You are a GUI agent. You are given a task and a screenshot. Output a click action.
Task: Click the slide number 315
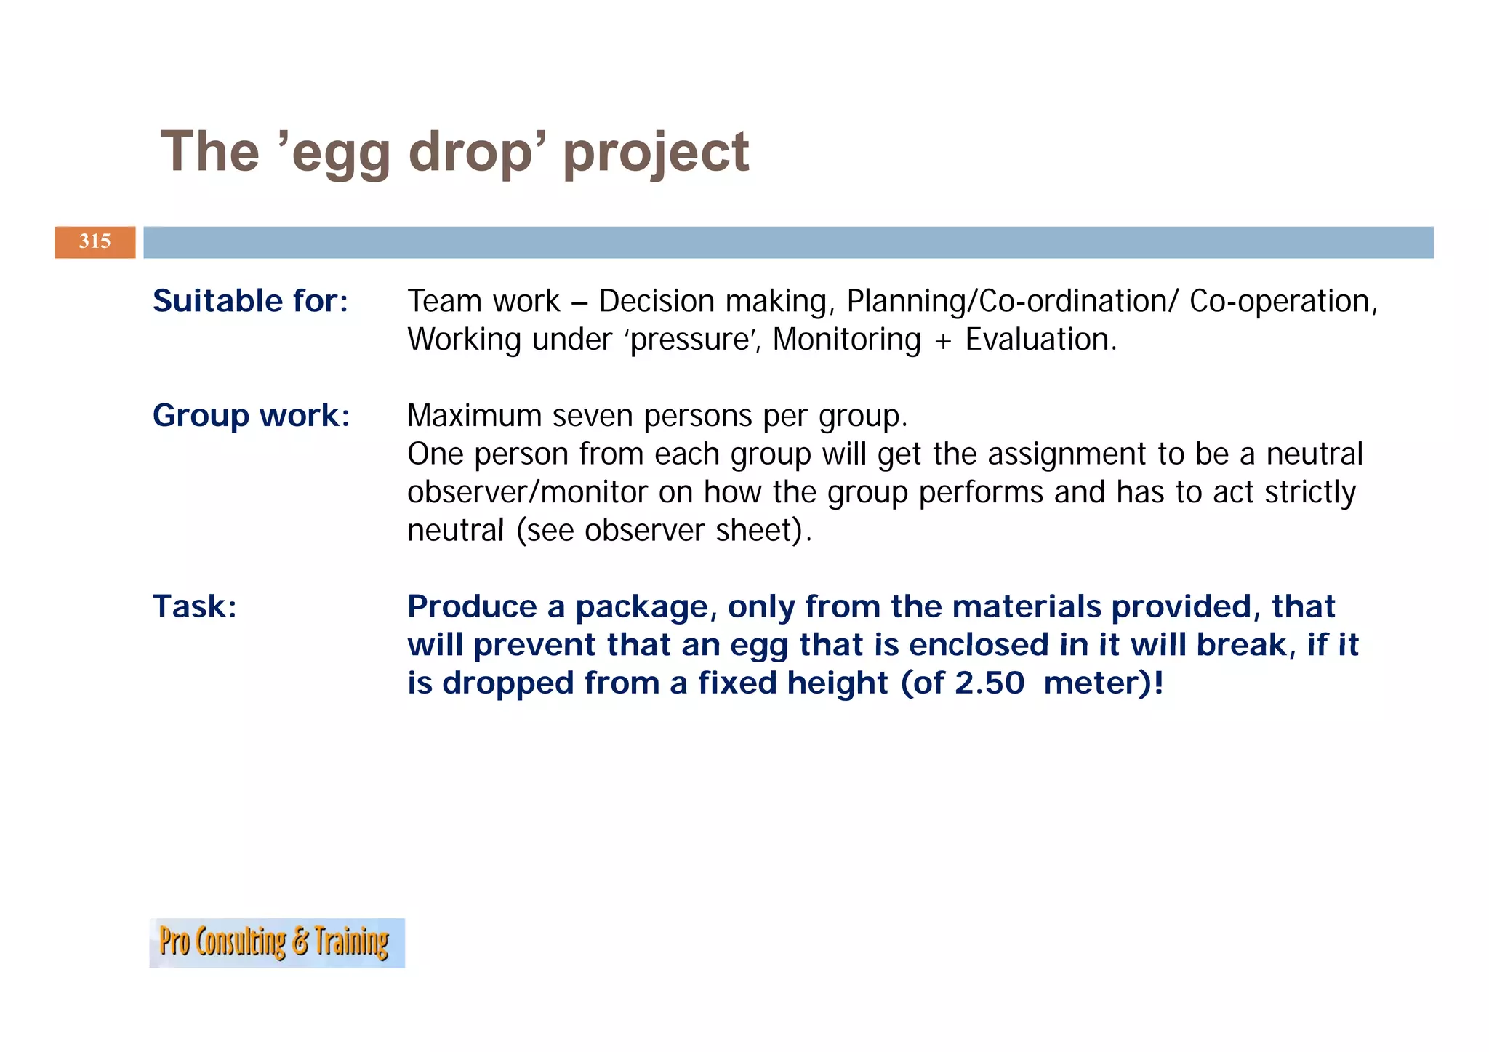point(95,241)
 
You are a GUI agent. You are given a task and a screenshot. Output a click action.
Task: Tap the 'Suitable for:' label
point(251,301)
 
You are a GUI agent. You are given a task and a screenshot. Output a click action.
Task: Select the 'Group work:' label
point(252,416)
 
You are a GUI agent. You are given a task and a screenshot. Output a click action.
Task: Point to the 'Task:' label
point(195,606)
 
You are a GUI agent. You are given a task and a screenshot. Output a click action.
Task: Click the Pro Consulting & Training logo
point(276,942)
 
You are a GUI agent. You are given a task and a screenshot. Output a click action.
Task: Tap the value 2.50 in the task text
point(990,683)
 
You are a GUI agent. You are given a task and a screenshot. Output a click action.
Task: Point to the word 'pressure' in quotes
point(690,340)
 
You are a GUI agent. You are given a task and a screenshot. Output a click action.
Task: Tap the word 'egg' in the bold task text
point(758,646)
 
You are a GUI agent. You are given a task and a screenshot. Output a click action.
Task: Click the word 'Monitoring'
point(846,340)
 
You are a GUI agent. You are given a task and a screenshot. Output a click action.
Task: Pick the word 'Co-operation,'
point(1283,301)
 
